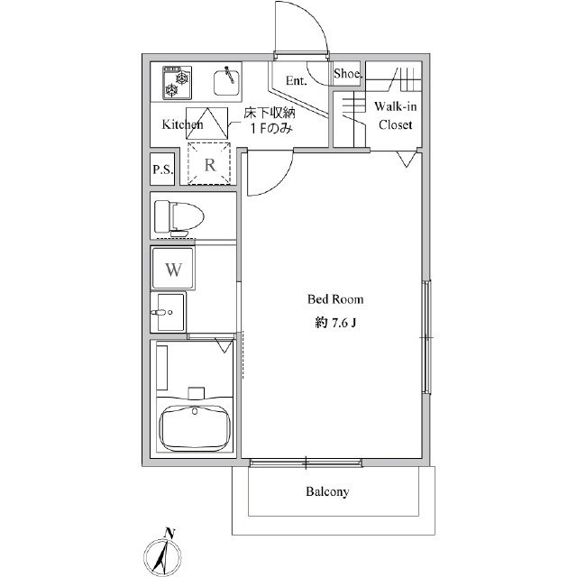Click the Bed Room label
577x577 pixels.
(335, 299)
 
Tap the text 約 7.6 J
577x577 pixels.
(335, 323)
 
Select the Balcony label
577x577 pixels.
(327, 491)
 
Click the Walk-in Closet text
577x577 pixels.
(395, 115)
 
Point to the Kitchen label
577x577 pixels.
(182, 124)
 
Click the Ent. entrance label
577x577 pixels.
(297, 80)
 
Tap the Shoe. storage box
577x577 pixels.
(347, 74)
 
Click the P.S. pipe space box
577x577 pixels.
(162, 169)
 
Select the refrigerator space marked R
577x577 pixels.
(209, 163)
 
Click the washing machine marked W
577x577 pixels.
(173, 269)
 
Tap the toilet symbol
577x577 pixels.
(179, 218)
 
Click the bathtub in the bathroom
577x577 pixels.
(195, 427)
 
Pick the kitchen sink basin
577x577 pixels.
(226, 82)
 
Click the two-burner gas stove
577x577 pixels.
(177, 83)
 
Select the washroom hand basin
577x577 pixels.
(169, 312)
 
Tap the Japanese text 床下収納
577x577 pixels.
(270, 112)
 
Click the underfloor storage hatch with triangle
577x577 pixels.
(206, 124)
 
